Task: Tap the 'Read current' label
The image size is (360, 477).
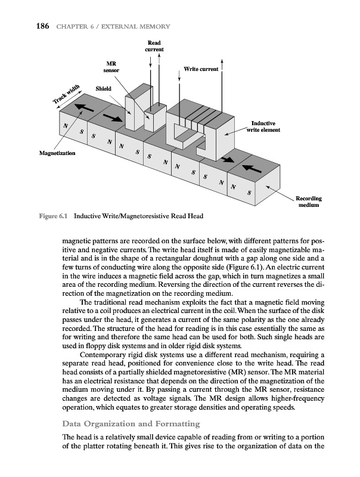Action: pyautogui.click(x=154, y=45)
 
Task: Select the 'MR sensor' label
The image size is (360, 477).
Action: pyautogui.click(x=111, y=67)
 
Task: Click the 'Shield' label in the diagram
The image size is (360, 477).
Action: pyautogui.click(x=104, y=89)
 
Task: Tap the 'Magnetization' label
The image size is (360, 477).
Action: pyautogui.click(x=57, y=154)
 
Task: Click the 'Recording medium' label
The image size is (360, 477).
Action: pyautogui.click(x=309, y=202)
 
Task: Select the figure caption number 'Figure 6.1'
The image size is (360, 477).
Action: pyautogui.click(x=49, y=215)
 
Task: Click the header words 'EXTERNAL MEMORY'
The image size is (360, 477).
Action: pyautogui.click(x=138, y=26)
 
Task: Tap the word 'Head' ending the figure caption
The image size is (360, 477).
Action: pyautogui.click(x=202, y=215)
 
